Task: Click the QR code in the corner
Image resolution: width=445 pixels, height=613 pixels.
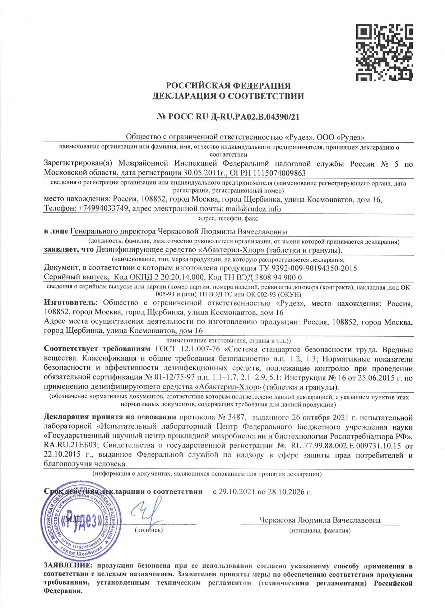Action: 384,52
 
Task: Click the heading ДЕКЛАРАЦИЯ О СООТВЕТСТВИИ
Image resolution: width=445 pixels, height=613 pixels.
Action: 228,96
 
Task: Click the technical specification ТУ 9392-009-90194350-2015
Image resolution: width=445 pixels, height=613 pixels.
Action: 308,268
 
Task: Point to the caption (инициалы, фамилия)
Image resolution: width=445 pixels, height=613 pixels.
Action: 320,530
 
